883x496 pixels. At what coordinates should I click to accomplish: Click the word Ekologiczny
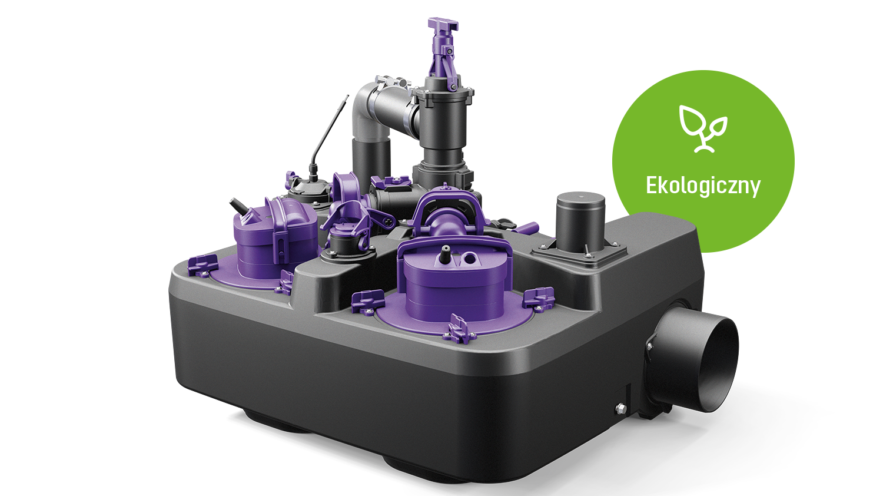pyautogui.click(x=703, y=186)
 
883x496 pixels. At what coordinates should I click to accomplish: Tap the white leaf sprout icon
pyautogui.click(x=703, y=128)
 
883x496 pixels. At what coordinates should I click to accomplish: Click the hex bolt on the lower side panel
pyautogui.click(x=620, y=408)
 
